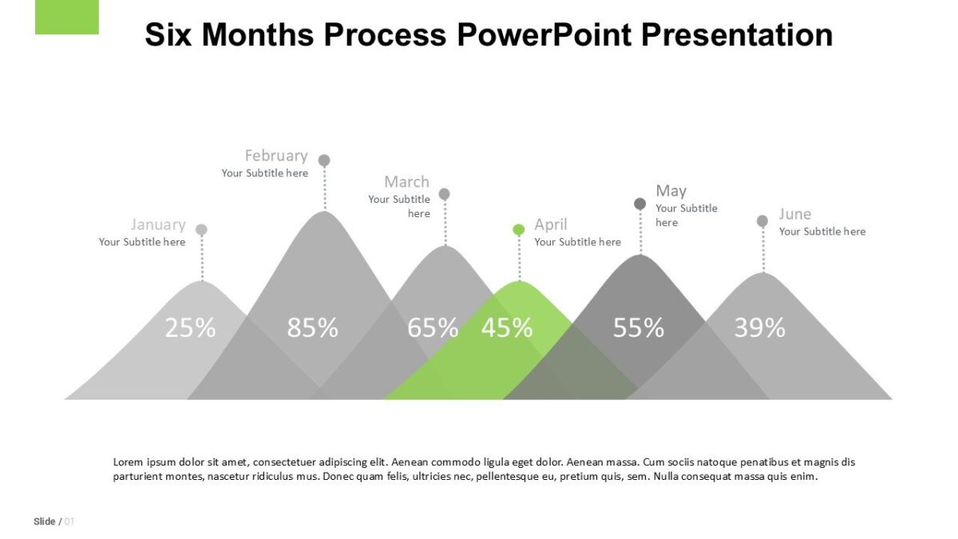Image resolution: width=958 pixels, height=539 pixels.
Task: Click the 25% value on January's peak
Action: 190,327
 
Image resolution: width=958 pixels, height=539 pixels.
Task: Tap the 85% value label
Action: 312,327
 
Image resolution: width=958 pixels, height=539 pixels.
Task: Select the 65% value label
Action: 433,327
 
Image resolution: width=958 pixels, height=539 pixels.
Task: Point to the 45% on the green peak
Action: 506,327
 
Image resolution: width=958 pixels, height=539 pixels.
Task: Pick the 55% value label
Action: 638,327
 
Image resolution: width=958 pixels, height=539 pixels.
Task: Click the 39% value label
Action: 759,327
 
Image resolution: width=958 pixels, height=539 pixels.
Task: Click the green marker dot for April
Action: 519,230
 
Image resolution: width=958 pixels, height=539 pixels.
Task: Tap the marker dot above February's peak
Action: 324,161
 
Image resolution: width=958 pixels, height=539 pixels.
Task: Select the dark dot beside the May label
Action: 639,204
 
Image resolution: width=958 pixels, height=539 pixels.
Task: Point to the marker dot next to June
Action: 762,220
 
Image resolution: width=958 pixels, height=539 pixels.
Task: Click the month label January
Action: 158,224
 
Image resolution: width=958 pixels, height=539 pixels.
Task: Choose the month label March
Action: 406,181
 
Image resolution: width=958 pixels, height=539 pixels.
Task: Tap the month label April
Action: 551,224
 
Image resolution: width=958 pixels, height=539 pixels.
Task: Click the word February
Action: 275,155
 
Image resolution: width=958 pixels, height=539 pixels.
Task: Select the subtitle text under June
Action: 821,232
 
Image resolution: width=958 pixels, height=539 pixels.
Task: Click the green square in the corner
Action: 67,17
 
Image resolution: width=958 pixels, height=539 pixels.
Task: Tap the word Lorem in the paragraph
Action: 128,462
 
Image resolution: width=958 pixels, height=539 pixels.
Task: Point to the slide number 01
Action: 69,521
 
